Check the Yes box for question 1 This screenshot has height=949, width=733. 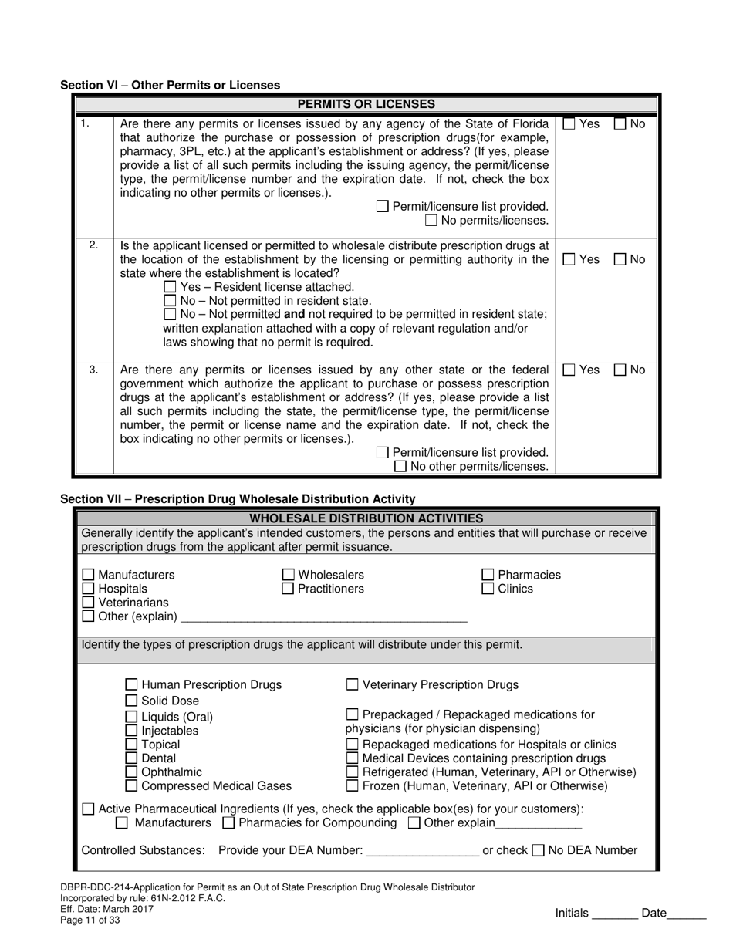point(569,123)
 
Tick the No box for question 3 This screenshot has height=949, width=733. point(620,370)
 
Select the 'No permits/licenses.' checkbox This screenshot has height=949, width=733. point(431,221)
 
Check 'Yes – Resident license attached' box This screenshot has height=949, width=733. point(171,287)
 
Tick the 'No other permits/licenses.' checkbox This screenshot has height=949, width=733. point(400,466)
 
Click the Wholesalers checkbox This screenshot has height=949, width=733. point(288,575)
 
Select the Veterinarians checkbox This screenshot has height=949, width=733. point(88,603)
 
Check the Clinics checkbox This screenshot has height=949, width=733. point(488,589)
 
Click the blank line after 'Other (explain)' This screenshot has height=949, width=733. point(323,617)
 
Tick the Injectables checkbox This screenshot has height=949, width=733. point(131,731)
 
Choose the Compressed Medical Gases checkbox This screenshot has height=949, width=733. point(131,786)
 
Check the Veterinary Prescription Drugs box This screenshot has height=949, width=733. point(352,684)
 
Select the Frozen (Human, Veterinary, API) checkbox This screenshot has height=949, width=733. point(352,786)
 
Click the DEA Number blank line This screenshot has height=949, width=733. point(422,851)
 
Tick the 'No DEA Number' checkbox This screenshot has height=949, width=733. point(539,850)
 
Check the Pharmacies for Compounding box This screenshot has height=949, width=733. point(228,822)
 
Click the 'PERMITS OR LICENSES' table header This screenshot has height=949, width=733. point(366,104)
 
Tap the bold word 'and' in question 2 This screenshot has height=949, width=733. point(295,314)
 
